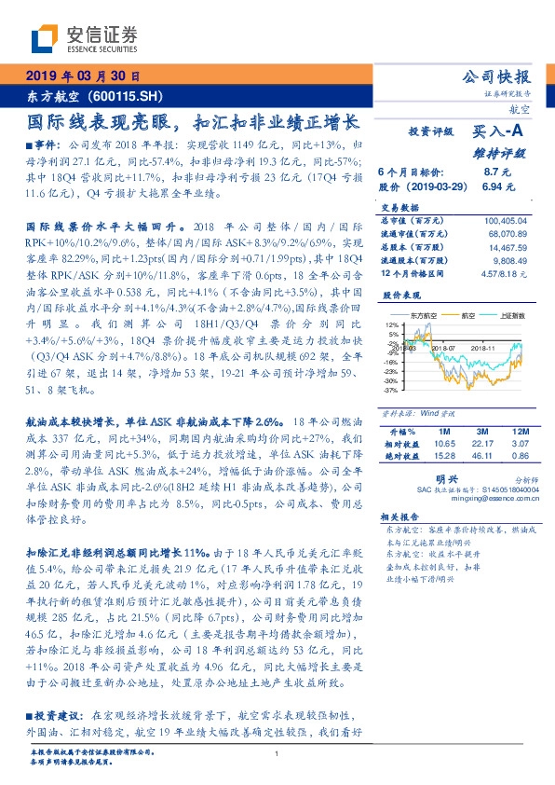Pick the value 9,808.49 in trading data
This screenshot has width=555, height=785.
[x=509, y=262]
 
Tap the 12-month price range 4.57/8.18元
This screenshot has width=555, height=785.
[x=503, y=275]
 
